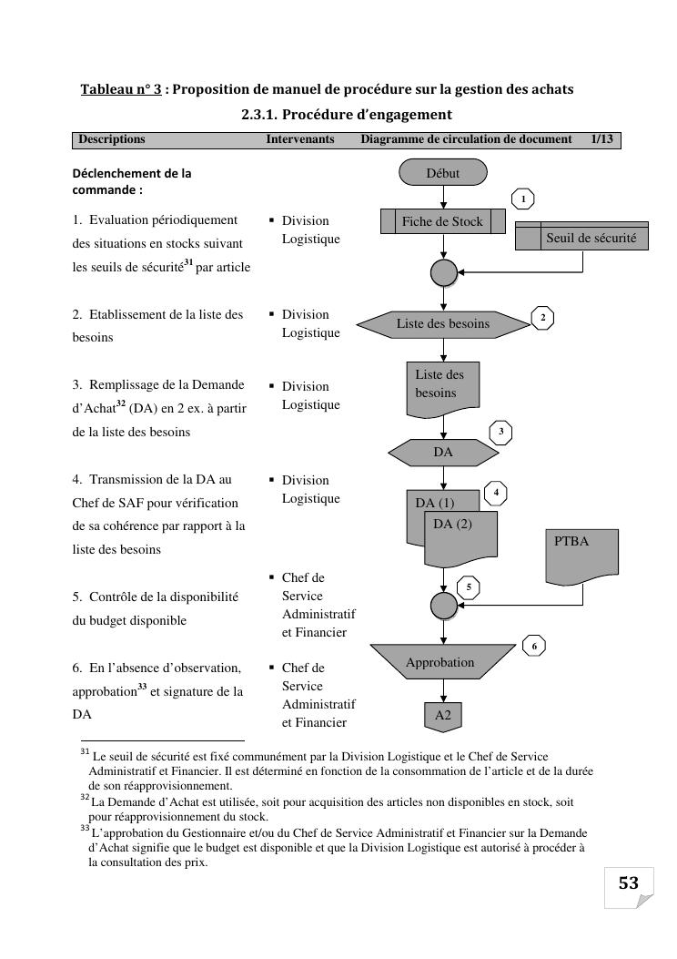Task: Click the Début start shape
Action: coord(443,173)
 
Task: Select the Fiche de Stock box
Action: coord(442,221)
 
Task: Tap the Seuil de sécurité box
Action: coord(581,238)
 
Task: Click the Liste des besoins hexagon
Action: coord(443,323)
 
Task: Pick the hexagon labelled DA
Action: coord(443,452)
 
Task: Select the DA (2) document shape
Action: coord(461,534)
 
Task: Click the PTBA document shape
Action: coord(581,556)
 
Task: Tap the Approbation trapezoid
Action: coord(440,662)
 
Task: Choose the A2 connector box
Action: coord(443,716)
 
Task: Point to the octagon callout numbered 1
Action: coord(523,199)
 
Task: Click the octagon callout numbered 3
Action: coord(500,431)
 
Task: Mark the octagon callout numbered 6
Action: coord(534,646)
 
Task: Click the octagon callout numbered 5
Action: coord(468,587)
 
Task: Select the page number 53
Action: coord(629,883)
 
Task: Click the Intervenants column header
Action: coord(299,139)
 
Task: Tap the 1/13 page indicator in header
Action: coord(601,139)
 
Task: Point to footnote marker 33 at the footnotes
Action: coord(85,829)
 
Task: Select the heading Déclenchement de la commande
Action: coord(132,181)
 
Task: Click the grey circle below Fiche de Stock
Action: coord(443,272)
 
